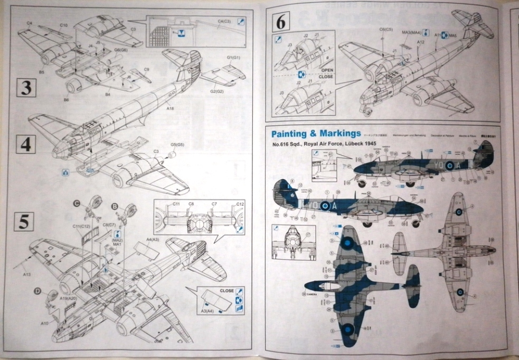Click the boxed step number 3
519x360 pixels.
(25, 88)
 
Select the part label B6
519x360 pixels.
(66, 99)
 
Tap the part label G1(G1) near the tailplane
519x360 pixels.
(233, 57)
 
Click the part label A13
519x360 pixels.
(26, 274)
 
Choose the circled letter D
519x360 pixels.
(38, 290)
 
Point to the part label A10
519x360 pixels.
(44, 323)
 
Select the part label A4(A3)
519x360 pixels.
(153, 240)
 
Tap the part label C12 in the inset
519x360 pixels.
(240, 204)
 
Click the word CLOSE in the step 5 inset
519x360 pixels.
(227, 290)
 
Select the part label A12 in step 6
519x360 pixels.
(421, 41)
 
